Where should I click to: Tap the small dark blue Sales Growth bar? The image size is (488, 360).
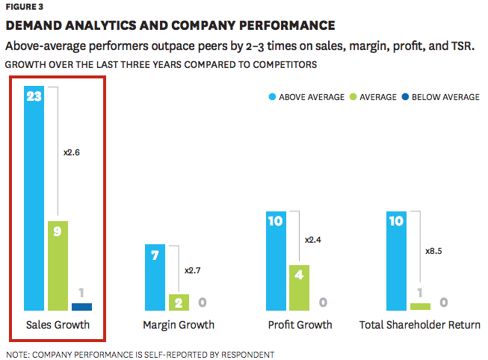[81, 306]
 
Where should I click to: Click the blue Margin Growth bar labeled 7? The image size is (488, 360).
[155, 277]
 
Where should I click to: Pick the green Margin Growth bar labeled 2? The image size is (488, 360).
[179, 302]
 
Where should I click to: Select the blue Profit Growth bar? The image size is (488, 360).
[277, 261]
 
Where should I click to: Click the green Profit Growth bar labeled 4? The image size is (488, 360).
[299, 287]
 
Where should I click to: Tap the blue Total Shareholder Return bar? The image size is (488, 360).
[396, 261]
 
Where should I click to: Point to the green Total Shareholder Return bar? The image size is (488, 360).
[420, 306]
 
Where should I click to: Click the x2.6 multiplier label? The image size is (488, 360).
[72, 152]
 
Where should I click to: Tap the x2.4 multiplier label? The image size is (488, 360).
[314, 240]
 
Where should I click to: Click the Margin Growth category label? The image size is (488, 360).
[179, 325]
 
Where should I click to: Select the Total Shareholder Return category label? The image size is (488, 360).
[419, 325]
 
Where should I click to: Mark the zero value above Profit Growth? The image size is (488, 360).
[323, 302]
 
